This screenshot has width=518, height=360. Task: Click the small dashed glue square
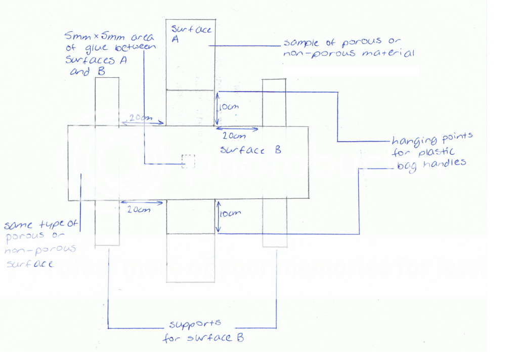tap(188, 161)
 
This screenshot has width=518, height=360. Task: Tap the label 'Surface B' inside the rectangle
tap(250, 150)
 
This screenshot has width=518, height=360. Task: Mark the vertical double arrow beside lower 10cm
tap(218, 216)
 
